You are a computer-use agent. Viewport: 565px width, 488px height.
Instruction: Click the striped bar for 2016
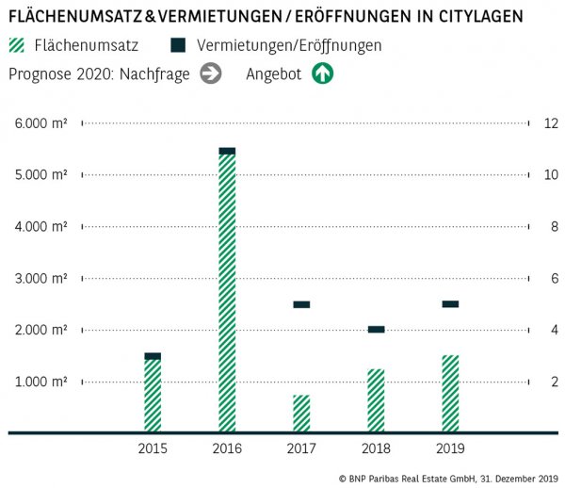click(x=227, y=292)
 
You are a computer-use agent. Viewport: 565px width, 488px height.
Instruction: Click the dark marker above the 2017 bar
click(x=301, y=304)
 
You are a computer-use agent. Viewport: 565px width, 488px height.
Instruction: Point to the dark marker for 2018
click(x=376, y=329)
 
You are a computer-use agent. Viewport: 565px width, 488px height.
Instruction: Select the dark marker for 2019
click(x=450, y=303)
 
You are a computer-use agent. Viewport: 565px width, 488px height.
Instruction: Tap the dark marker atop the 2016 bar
click(x=227, y=151)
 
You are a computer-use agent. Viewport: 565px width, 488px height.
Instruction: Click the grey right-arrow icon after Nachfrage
click(x=210, y=73)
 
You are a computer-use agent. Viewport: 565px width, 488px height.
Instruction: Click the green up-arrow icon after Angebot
click(x=323, y=73)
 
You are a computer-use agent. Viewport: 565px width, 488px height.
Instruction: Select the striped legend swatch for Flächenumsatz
click(x=16, y=45)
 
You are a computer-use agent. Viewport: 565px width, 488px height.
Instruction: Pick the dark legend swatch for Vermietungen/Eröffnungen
click(x=178, y=45)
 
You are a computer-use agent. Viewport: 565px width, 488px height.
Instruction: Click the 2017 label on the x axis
click(x=301, y=447)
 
